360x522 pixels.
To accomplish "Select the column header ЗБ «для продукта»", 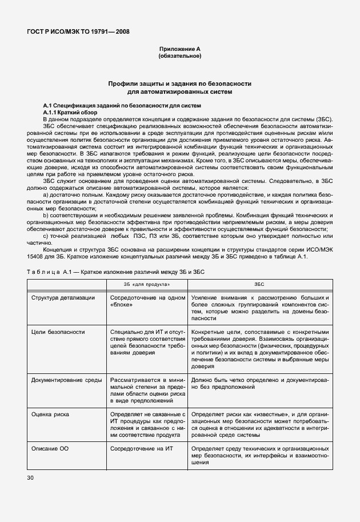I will point(146,284).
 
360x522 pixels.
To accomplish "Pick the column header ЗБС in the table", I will point(259,284).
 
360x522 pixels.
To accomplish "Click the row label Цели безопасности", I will point(58,332).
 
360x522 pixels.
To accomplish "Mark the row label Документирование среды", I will point(67,380).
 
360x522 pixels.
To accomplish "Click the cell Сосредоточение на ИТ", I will point(142,448).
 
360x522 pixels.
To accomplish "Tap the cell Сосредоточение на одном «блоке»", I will point(147,302).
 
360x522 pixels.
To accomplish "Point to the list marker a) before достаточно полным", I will point(46,195).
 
